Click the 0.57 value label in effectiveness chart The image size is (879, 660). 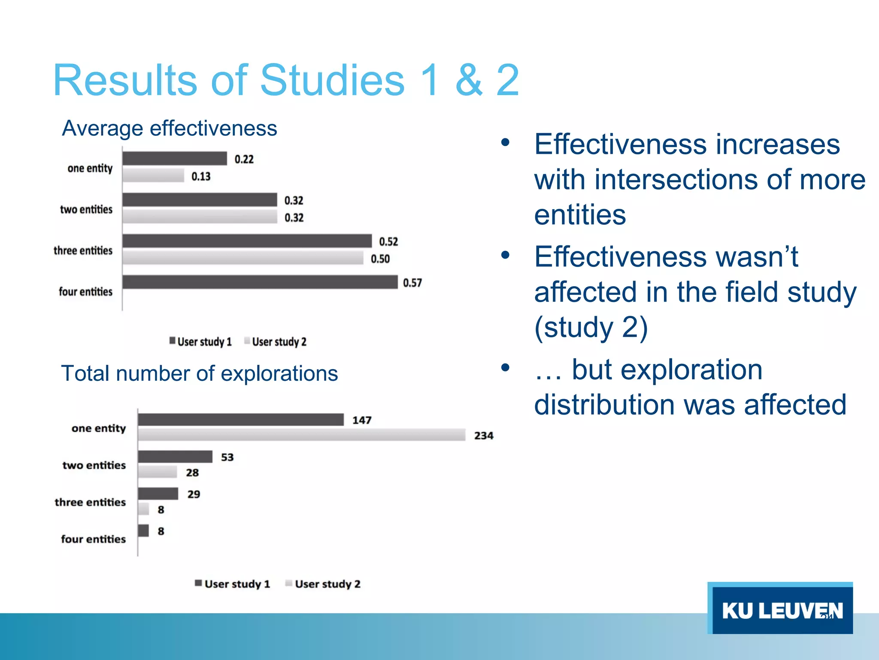point(412,283)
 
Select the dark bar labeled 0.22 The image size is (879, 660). point(174,159)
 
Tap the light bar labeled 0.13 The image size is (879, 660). point(153,175)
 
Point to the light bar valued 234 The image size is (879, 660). point(301,435)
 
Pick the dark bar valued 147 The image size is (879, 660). point(240,420)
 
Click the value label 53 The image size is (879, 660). point(227,457)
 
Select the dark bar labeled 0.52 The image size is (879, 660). point(247,241)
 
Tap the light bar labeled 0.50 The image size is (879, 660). point(242,258)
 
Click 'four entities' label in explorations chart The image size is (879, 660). point(93,539)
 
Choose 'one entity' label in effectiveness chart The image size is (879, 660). point(90,168)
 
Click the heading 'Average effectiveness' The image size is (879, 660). point(170,128)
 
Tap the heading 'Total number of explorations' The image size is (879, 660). point(199,373)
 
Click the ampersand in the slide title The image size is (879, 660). point(469,80)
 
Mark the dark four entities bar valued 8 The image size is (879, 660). point(143,531)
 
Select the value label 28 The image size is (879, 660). point(192,473)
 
